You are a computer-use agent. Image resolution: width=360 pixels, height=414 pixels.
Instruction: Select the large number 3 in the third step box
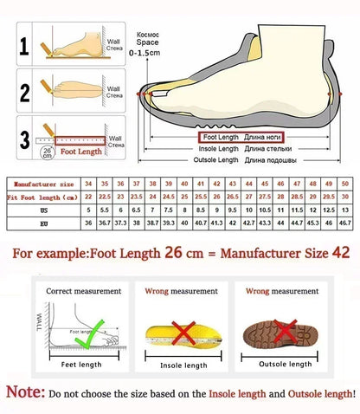(x=26, y=136)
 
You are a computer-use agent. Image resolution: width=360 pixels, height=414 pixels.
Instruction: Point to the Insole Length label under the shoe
(x=218, y=148)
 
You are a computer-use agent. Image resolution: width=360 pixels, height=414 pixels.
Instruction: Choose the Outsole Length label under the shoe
(x=215, y=160)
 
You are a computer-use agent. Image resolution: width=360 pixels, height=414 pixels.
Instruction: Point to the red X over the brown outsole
(x=283, y=330)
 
